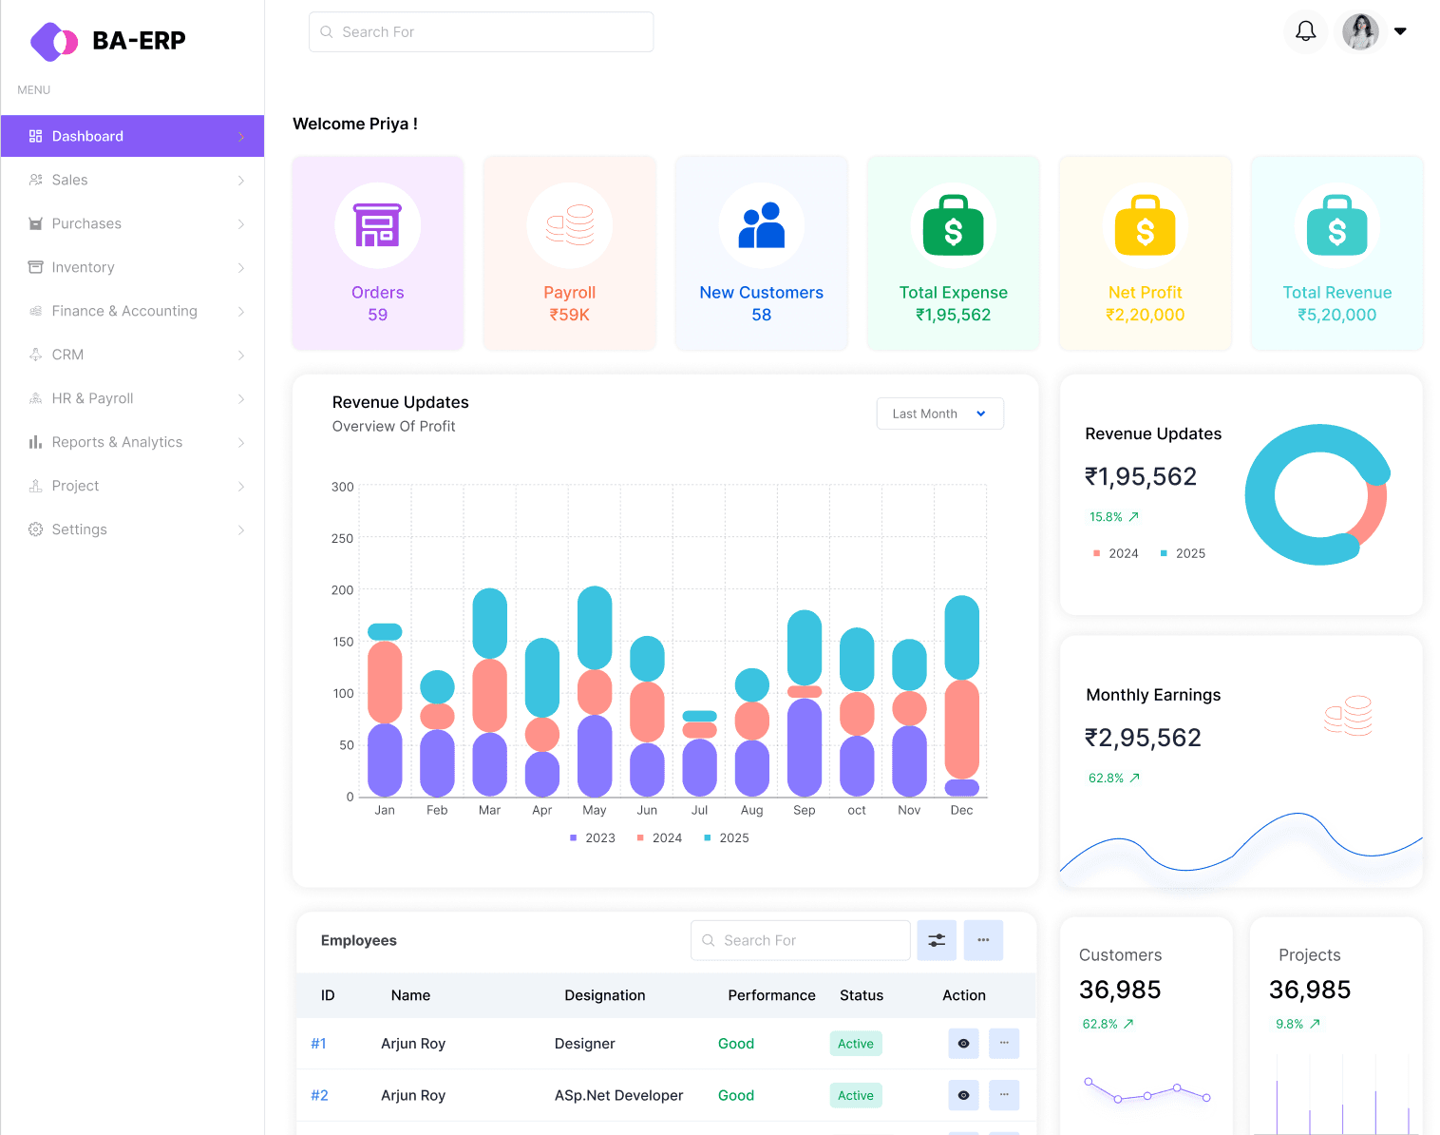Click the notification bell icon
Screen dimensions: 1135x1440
(1305, 31)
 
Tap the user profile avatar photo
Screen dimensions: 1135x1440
(1360, 31)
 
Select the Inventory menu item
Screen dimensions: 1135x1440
(83, 267)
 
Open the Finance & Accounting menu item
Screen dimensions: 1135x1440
(124, 311)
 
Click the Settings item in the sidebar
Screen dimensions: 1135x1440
(79, 529)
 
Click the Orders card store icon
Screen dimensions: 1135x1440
(377, 225)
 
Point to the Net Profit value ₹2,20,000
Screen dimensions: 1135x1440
(1145, 315)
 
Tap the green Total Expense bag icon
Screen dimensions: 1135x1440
(953, 226)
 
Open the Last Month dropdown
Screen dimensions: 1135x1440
(939, 414)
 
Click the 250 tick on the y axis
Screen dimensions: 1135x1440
(342, 538)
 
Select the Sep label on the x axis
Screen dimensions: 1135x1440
(804, 810)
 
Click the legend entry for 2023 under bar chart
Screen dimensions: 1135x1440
(593, 837)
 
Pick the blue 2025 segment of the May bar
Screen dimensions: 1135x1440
(595, 627)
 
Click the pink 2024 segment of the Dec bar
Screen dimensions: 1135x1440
(961, 728)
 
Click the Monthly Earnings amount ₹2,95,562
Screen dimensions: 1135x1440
(1143, 738)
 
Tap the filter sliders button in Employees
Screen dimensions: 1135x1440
(937, 940)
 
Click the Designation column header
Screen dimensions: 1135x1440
(604, 995)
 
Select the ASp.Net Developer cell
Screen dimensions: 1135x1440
(618, 1095)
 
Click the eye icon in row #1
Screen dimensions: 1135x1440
(963, 1044)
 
